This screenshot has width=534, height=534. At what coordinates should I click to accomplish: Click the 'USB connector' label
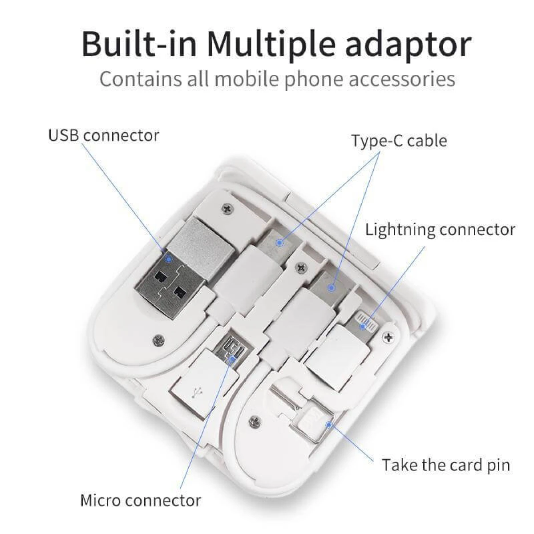click(x=104, y=136)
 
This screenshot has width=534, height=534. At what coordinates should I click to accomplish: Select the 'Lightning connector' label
click(x=440, y=230)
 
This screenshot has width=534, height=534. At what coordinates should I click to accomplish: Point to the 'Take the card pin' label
click(x=446, y=465)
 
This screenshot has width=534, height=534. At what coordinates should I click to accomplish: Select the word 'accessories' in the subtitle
click(x=402, y=79)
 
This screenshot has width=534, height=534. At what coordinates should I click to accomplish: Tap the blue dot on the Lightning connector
click(x=363, y=327)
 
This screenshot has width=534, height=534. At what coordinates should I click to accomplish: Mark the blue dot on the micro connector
click(x=232, y=360)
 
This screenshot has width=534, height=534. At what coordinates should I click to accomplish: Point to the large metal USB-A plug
click(x=171, y=268)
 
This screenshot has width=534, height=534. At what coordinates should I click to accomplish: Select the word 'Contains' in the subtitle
click(x=141, y=79)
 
